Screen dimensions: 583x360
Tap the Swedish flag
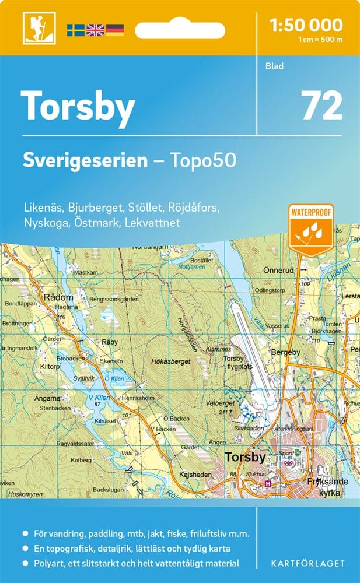pyautogui.click(x=75, y=29)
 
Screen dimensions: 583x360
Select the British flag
pyautogui.click(x=95, y=29)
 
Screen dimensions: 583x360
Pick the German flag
pyautogui.click(x=115, y=29)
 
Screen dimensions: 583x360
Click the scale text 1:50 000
pyautogui.click(x=306, y=25)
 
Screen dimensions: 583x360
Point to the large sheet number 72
pyautogui.click(x=321, y=106)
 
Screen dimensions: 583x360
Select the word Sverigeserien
pyautogui.click(x=85, y=160)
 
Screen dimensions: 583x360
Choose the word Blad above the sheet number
pyautogui.click(x=274, y=66)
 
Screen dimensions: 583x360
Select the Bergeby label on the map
pyautogui.click(x=285, y=353)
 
